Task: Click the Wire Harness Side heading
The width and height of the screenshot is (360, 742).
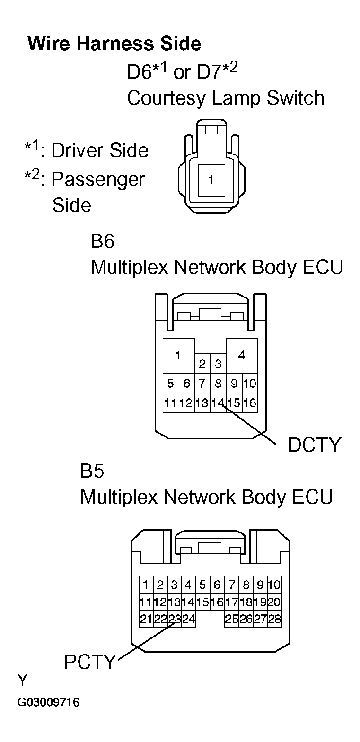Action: [114, 44]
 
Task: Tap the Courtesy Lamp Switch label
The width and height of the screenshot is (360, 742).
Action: [226, 98]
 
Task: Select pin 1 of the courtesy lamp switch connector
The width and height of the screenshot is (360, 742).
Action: [211, 181]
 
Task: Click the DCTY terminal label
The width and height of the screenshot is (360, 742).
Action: [314, 445]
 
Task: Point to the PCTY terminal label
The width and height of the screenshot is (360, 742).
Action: [89, 662]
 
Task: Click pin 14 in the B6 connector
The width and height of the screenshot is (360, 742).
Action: [218, 403]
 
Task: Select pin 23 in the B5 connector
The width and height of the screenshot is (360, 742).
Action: [175, 619]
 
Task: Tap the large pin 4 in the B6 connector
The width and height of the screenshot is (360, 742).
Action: [242, 356]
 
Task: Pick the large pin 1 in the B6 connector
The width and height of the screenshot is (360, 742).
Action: [178, 356]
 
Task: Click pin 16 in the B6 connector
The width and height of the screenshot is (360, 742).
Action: [250, 403]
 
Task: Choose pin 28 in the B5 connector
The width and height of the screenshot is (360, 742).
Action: [274, 619]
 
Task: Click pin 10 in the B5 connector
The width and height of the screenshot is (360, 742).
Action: [274, 585]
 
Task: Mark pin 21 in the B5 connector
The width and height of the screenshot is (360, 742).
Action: [146, 619]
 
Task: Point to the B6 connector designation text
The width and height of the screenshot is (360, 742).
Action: [103, 241]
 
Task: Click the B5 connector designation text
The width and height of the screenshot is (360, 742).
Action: [92, 471]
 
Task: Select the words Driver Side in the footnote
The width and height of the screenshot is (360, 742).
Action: [100, 150]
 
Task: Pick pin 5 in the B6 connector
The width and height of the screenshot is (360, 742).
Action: [170, 384]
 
